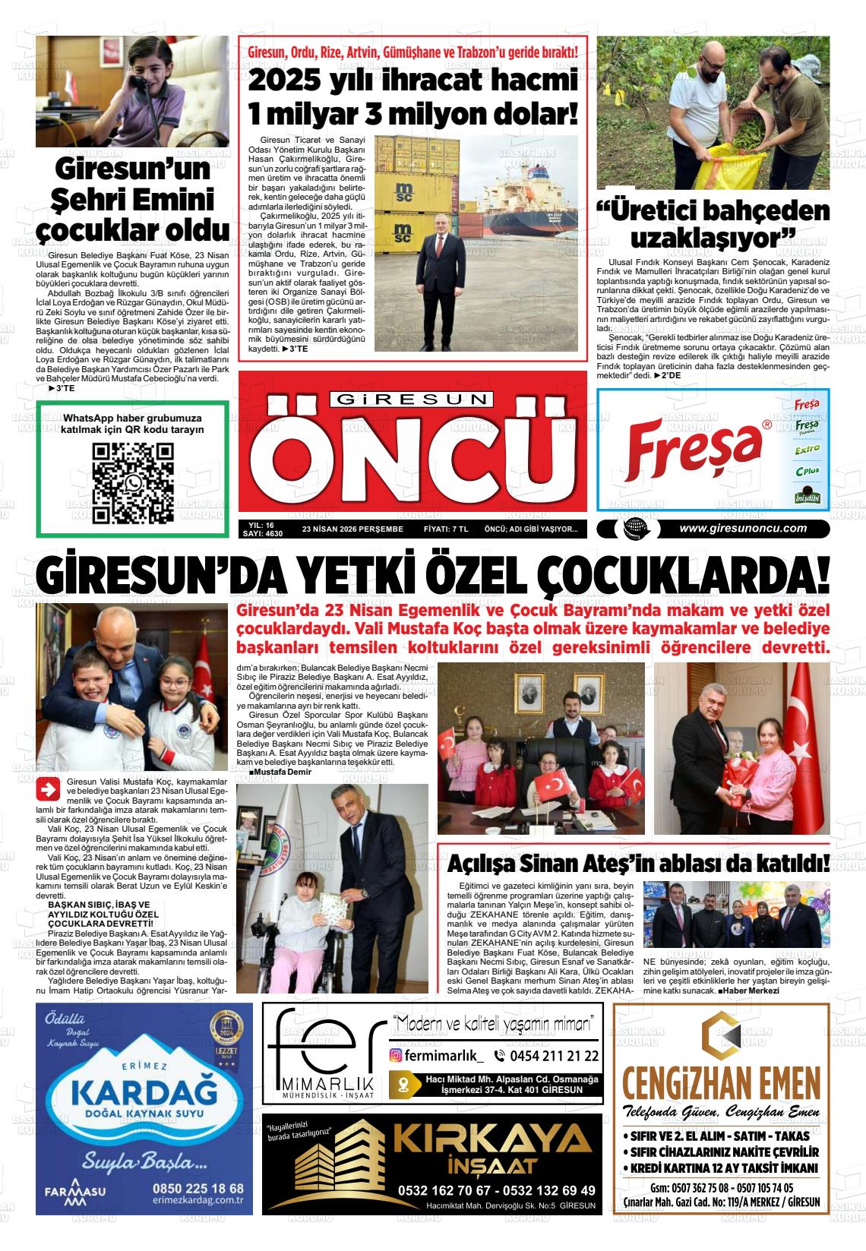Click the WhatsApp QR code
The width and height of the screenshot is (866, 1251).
tap(133, 483)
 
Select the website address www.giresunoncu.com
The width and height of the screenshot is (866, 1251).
tap(742, 529)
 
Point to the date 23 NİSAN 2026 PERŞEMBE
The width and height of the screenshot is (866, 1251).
tap(352, 529)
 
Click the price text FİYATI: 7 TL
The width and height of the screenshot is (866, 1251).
tap(445, 529)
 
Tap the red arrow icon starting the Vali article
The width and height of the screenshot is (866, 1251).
tap(49, 790)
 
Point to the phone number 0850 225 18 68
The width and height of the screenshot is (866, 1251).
tap(198, 1188)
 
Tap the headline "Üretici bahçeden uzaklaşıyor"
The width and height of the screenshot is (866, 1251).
tap(713, 224)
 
